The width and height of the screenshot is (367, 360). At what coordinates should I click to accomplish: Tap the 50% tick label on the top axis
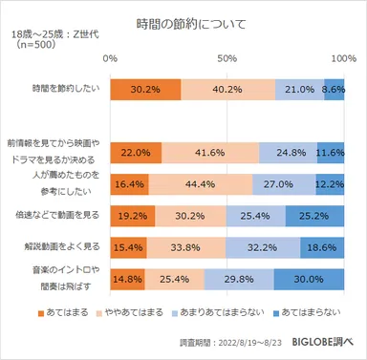click(x=227, y=58)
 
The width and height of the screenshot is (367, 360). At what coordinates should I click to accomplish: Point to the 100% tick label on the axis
click(x=343, y=58)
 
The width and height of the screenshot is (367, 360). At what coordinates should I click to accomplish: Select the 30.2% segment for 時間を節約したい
click(x=144, y=89)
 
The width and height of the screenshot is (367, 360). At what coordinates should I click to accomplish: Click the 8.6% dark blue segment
click(x=334, y=89)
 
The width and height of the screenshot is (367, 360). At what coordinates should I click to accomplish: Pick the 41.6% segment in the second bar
click(x=210, y=152)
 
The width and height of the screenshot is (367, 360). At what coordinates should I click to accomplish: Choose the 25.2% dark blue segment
click(x=314, y=216)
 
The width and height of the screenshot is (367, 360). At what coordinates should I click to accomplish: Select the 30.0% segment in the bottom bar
click(x=309, y=279)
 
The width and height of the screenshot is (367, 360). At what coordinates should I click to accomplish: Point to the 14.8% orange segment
click(x=127, y=279)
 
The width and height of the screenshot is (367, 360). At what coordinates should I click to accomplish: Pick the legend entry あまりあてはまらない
click(x=224, y=312)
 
